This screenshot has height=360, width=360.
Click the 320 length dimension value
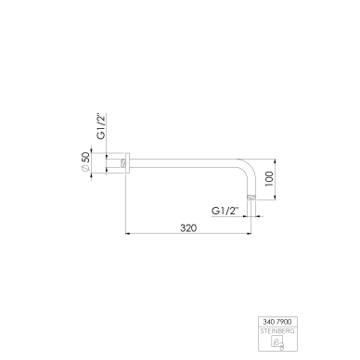pos(188,228)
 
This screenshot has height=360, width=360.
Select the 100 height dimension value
pos(269,179)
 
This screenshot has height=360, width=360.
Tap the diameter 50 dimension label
pos(85,161)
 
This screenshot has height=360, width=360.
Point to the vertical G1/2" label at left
pos(101,126)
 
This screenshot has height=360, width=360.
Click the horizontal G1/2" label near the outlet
pos(225,211)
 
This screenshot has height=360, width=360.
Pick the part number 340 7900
pos(277,322)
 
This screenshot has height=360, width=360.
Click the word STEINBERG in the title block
pos(277,331)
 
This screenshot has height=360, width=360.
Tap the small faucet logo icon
pos(277,342)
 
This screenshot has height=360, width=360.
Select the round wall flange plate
pos(127,163)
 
